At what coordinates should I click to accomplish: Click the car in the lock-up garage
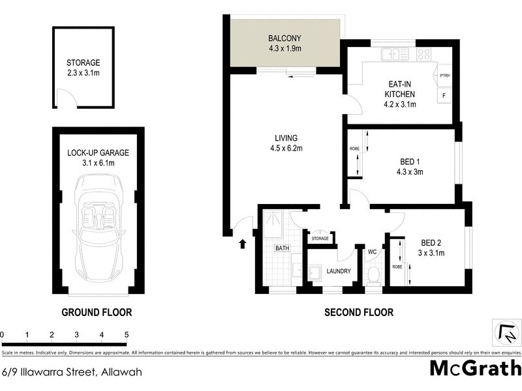coord(97,225)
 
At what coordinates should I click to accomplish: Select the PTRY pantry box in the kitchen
coord(446,76)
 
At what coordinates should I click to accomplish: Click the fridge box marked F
coord(445,96)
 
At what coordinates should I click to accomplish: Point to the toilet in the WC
coord(374,275)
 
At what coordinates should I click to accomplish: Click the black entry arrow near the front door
coord(243,244)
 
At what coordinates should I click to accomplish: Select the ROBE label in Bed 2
coord(397,267)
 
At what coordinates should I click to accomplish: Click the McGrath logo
coord(474,368)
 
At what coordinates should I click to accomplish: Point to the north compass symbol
coord(506,333)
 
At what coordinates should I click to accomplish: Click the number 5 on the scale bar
coord(127,335)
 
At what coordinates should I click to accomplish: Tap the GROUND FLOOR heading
coord(97,313)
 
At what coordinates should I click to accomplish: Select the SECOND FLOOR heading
coord(359,313)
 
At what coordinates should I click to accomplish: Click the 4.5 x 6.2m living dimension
coord(286,149)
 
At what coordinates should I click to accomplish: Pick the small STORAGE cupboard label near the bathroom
coord(320,239)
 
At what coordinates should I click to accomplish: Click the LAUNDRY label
coord(338,271)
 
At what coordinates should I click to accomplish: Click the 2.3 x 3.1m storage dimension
coord(83,73)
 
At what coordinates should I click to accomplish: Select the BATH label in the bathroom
coord(282,248)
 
